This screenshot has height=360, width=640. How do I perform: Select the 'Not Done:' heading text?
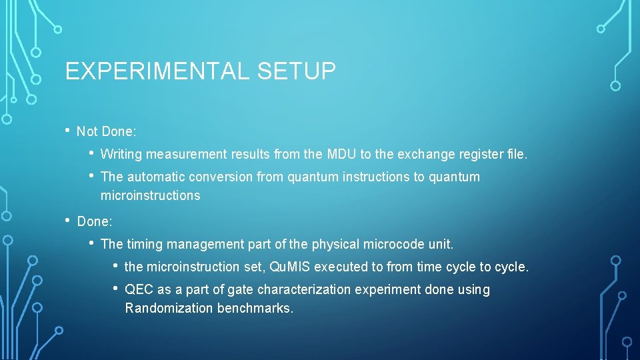(107, 132)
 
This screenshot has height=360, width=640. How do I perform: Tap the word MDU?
(341, 155)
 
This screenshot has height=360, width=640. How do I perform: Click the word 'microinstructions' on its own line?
(150, 196)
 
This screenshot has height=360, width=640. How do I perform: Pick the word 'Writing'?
(121, 155)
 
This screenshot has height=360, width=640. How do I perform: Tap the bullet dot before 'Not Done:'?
(69, 131)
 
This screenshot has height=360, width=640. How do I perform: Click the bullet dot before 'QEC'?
(115, 289)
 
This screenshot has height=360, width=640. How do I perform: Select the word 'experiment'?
(383, 290)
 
